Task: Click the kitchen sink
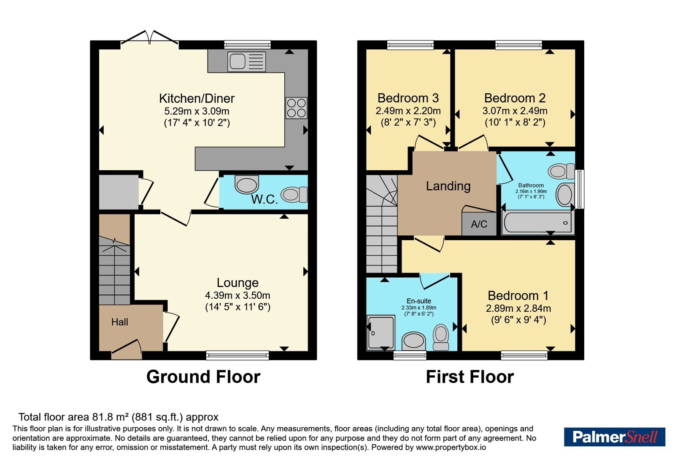point(246,62)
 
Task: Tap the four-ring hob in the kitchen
point(297,108)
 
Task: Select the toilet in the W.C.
point(294,194)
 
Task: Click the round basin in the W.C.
point(246,184)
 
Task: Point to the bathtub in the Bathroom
point(538,223)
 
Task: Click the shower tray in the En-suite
point(381,333)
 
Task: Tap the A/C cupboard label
point(479,224)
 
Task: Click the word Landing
point(448,186)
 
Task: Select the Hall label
point(120,322)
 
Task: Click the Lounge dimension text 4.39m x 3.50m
point(238,295)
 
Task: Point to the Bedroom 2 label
point(515,98)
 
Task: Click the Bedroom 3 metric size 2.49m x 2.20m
point(408,111)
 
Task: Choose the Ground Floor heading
point(203,377)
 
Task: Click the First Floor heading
point(470,377)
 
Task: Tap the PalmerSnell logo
point(614,437)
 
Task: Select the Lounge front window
point(238,355)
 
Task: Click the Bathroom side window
point(580,189)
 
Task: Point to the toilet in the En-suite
point(441,337)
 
